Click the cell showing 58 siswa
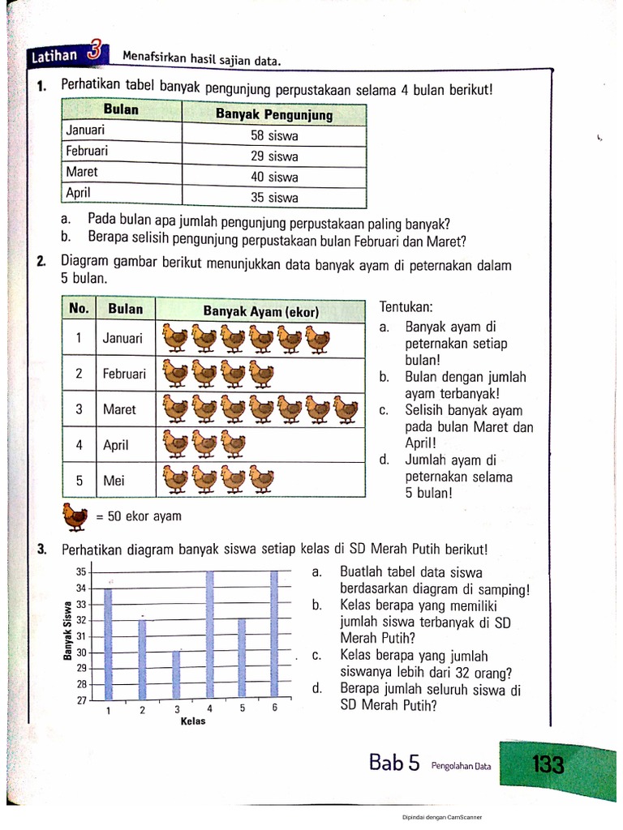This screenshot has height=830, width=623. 274,136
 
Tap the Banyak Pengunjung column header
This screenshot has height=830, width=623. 274,114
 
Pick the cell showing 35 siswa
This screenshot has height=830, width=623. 274,197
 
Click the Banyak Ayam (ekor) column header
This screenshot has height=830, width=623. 260,311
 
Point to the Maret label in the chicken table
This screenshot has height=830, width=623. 119,409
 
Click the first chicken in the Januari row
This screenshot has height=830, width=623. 175,339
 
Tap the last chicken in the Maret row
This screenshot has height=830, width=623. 345,409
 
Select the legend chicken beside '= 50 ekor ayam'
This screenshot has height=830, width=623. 75,516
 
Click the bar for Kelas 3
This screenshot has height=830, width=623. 176,675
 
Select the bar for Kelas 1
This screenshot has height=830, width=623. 108,644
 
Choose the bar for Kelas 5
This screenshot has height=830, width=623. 241,659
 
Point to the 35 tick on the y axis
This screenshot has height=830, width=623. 81,572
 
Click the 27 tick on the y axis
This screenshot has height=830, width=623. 81,700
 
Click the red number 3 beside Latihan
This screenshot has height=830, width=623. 96,53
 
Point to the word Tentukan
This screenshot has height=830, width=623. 406,308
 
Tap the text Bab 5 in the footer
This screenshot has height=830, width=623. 394,763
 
